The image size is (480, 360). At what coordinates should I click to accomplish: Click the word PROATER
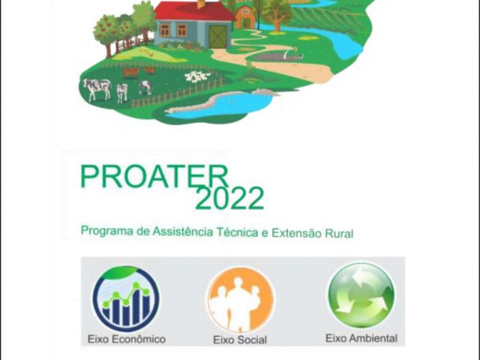154,177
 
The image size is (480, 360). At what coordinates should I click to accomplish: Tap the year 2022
229,198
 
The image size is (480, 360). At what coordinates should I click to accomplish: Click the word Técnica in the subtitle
237,232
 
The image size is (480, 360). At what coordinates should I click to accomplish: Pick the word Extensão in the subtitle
297,232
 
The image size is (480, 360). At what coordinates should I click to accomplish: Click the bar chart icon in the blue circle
126,298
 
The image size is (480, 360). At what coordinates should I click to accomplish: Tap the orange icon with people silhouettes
241,300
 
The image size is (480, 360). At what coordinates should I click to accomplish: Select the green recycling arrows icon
361,295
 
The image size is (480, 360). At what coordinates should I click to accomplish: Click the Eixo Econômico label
127,339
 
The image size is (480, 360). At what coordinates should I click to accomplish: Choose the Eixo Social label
240,340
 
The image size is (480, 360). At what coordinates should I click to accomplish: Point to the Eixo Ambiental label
361,338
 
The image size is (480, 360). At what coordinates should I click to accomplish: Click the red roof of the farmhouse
193,11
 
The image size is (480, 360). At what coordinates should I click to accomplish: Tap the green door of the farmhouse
218,37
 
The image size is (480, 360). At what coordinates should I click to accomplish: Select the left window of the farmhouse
165,30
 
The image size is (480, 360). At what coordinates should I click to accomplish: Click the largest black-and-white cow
97,89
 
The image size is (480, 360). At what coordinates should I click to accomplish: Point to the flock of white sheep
197,76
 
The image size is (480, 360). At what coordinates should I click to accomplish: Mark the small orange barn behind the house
245,17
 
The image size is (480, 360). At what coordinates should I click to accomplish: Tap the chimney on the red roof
202,4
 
